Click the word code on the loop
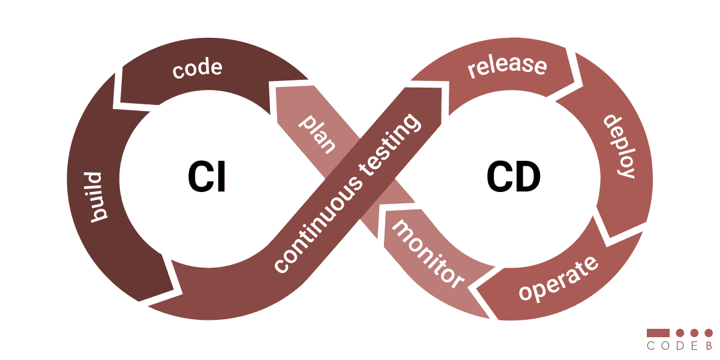(197, 68)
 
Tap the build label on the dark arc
(95, 197)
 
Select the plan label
(317, 133)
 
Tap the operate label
(558, 279)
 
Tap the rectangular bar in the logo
(658, 332)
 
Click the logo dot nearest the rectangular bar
(680, 332)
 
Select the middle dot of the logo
(694, 332)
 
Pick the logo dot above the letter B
(709, 332)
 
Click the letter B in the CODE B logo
(709, 346)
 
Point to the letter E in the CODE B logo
(694, 346)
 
